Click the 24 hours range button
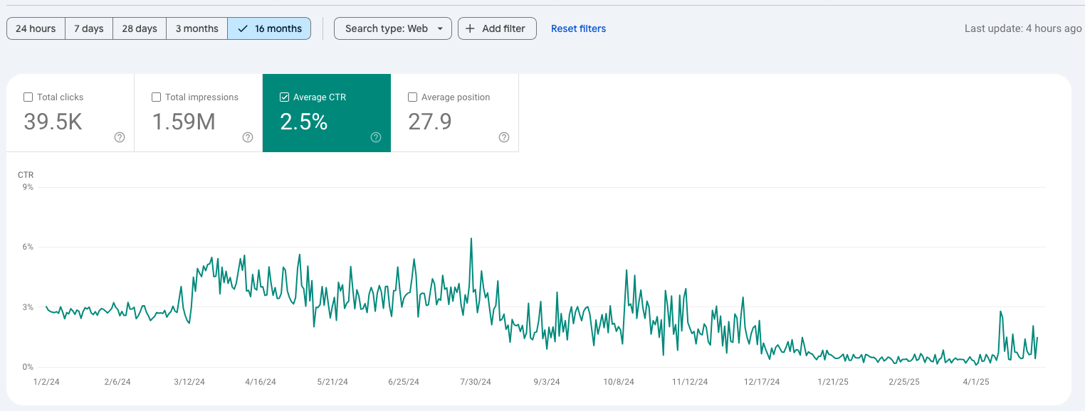36,28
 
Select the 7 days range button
89,28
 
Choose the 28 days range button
140,28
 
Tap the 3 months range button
196,28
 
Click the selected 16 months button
269,28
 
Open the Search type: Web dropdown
393,28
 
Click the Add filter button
497,28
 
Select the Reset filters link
578,28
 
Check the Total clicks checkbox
28,97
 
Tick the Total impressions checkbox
157,97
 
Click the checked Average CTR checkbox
285,97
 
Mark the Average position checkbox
412,97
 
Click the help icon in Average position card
504,137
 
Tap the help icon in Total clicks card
120,137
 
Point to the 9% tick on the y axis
28,187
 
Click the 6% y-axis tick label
28,247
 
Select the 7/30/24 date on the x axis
476,382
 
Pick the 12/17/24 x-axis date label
762,382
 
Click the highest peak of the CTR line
471,239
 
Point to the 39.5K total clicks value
53,122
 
